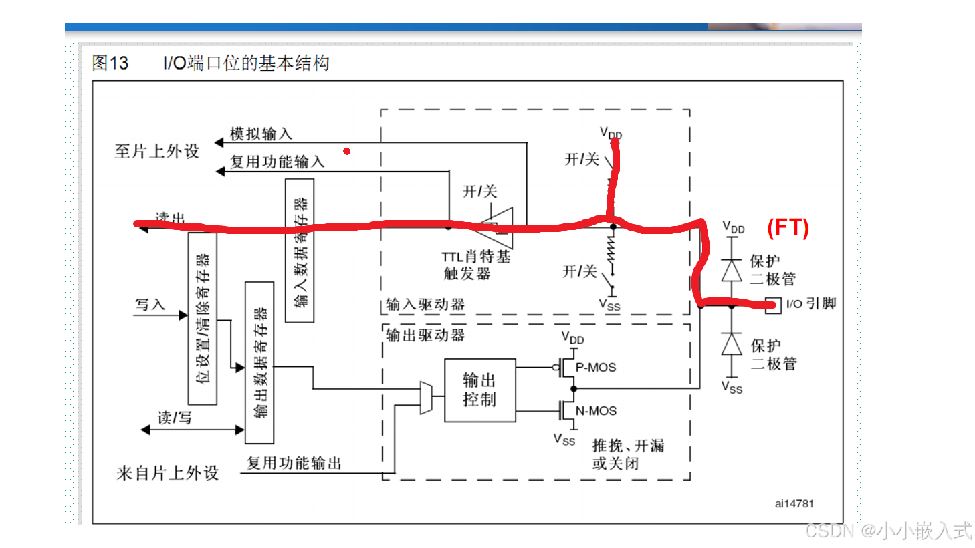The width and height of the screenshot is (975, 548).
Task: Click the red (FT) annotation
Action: tap(788, 228)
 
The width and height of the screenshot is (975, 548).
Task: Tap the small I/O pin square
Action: tap(773, 305)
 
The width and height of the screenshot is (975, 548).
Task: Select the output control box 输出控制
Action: tap(479, 390)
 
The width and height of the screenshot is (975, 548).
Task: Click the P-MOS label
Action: tap(596, 368)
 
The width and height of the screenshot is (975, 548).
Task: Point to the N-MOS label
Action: tap(596, 411)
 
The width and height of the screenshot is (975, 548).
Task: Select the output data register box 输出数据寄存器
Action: tap(259, 363)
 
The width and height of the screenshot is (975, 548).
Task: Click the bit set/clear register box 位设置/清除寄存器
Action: tap(203, 318)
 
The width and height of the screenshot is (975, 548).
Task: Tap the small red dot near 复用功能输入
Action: tap(346, 152)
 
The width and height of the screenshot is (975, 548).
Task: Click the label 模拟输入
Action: tap(261, 134)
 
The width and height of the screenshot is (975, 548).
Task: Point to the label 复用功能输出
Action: tap(294, 463)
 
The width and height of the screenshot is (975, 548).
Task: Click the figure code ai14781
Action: tap(794, 504)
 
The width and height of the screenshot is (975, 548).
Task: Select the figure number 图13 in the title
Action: tap(110, 63)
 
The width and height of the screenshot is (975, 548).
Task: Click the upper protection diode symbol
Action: tap(732, 271)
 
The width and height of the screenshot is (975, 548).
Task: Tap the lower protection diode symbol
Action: tap(732, 344)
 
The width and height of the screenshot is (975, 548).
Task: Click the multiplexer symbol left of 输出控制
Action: tap(426, 398)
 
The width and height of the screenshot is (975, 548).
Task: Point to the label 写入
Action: tap(150, 305)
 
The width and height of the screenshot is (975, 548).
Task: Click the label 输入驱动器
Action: tap(425, 305)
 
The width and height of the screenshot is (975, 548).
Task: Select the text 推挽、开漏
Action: tap(628, 446)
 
